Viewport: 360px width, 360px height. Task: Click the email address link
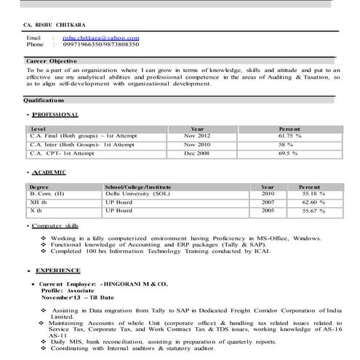pos(100,37)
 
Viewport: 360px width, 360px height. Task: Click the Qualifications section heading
pos(45,102)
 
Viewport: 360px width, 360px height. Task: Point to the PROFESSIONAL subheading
pos(55,116)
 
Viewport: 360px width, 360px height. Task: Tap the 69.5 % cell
pos(289,154)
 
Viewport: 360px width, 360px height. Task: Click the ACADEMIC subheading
pos(49,173)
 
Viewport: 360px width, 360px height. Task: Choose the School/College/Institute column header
pos(142,187)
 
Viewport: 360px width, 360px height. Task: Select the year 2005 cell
pos(268,211)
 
